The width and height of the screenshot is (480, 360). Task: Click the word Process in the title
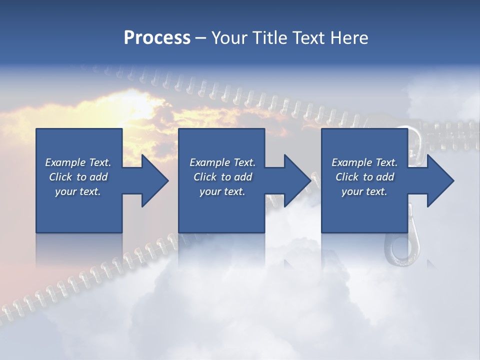[157, 37]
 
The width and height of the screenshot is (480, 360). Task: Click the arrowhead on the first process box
[153, 180]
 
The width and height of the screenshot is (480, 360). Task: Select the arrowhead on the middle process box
[295, 180]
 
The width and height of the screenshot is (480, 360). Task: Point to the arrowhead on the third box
[438, 180]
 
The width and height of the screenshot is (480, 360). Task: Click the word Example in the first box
[65, 162]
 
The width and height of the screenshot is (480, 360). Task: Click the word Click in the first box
[60, 177]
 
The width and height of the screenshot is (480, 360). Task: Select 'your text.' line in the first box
[78, 191]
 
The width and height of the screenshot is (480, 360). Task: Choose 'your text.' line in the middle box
[222, 191]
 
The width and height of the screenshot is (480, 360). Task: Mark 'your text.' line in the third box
[364, 191]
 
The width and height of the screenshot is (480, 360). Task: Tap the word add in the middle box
[243, 177]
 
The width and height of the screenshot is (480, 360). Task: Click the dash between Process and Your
[200, 38]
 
